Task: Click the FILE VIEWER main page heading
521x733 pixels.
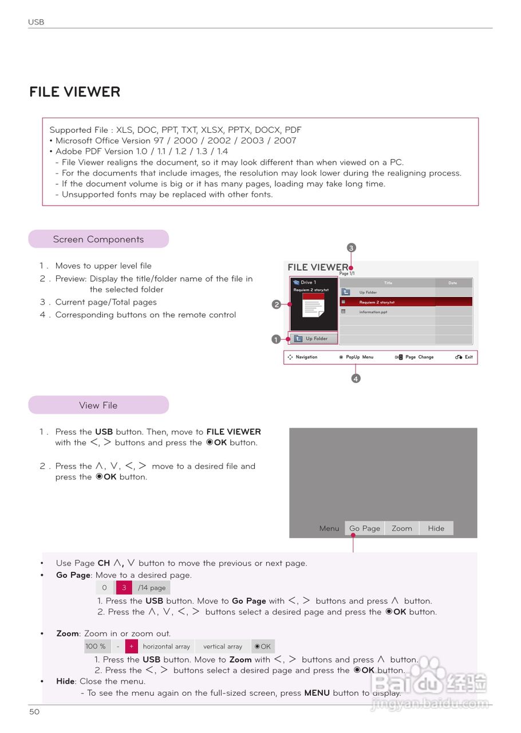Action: click(75, 92)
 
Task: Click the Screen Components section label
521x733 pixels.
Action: click(98, 239)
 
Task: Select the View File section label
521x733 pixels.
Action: click(98, 405)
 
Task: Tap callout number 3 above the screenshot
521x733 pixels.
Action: click(352, 248)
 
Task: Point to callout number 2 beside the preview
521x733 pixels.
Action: click(276, 305)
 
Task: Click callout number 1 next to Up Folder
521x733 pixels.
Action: click(276, 339)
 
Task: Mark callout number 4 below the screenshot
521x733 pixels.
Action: click(356, 379)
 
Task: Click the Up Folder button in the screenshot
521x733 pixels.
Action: click(313, 338)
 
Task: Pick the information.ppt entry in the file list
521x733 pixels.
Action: click(373, 312)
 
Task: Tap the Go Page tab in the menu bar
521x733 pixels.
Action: click(365, 529)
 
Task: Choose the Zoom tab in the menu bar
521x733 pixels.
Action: click(402, 529)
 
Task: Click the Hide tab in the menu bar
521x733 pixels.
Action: click(436, 529)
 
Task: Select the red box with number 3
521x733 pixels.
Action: click(124, 588)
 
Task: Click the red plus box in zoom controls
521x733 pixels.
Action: click(131, 647)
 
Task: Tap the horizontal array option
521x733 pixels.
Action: click(166, 647)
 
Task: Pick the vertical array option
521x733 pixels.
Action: click(223, 647)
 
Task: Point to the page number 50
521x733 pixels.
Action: click(35, 712)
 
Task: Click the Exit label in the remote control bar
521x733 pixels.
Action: click(468, 357)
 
